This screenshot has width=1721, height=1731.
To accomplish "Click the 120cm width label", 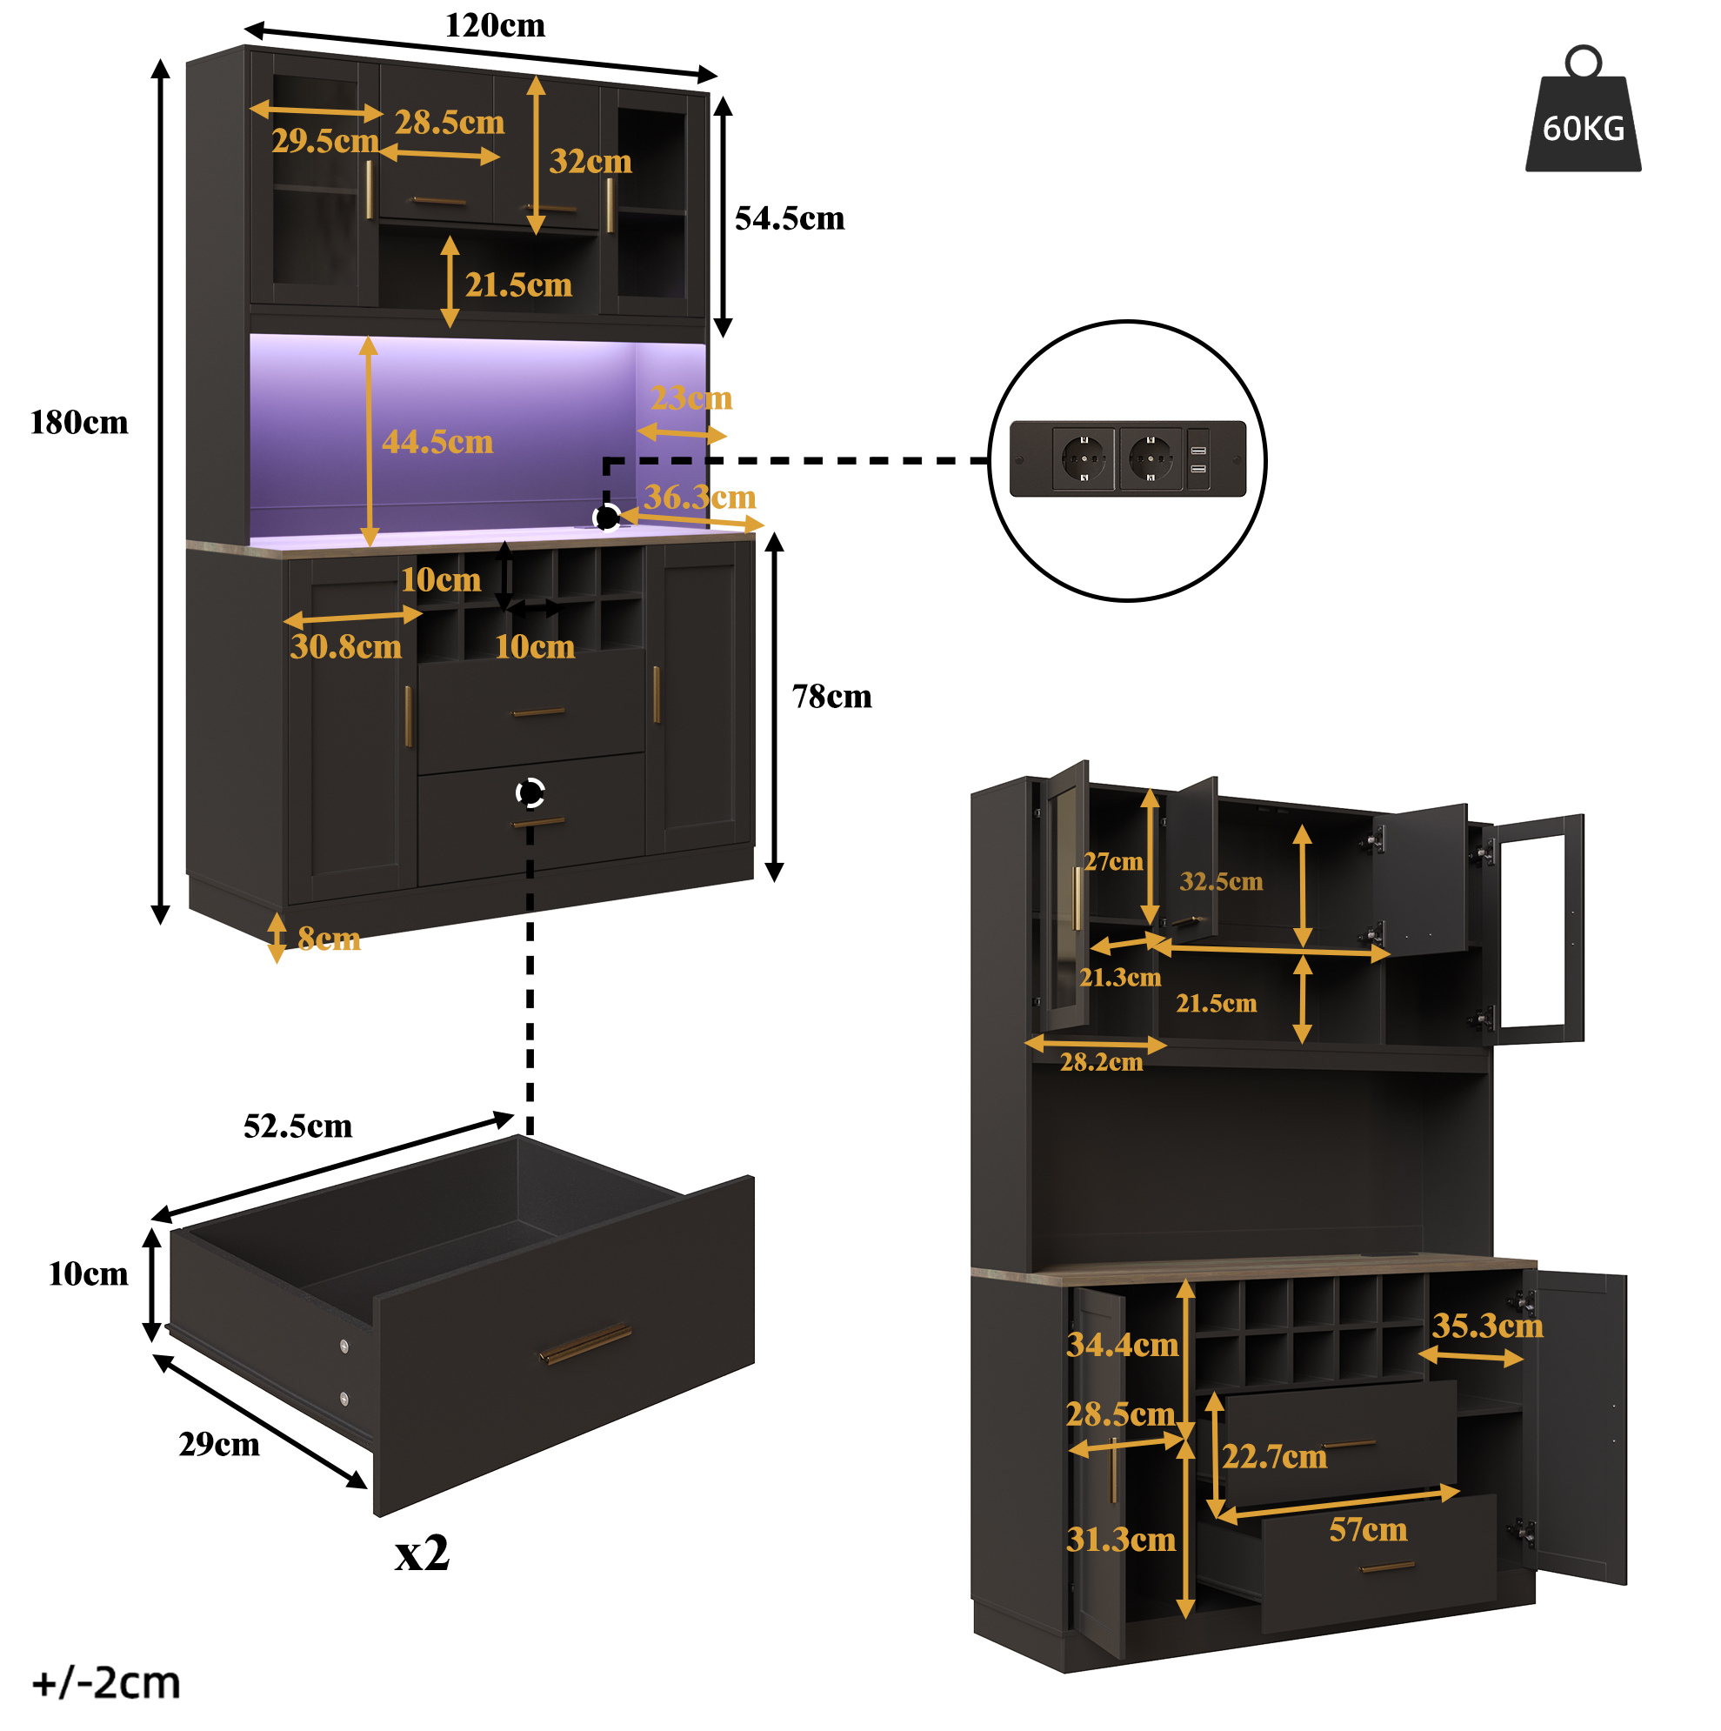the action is pyautogui.click(x=495, y=25).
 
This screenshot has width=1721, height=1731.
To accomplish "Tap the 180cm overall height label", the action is pyautogui.click(x=79, y=422).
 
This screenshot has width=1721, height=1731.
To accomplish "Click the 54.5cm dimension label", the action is pyautogui.click(x=790, y=217).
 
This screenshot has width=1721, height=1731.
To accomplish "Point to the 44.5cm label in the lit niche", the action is pyautogui.click(x=437, y=441).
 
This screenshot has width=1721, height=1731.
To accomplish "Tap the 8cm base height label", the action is pyautogui.click(x=329, y=938).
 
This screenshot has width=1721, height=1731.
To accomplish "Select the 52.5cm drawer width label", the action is pyautogui.click(x=297, y=1126).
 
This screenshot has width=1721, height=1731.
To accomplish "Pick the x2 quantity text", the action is pyautogui.click(x=422, y=1553).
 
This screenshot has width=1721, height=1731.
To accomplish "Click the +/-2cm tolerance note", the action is pyautogui.click(x=106, y=1682).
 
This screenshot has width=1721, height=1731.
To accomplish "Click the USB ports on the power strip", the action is pyautogui.click(x=1197, y=458).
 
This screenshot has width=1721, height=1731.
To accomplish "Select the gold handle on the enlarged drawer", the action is pyautogui.click(x=586, y=1344).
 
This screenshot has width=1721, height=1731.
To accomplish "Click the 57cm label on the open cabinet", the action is pyautogui.click(x=1367, y=1528).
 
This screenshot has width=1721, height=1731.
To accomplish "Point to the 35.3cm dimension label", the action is pyautogui.click(x=1487, y=1325).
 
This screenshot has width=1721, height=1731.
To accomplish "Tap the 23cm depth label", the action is pyautogui.click(x=690, y=397).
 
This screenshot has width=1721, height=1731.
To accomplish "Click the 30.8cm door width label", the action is pyautogui.click(x=346, y=646).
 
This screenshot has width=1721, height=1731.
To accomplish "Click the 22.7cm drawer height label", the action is pyautogui.click(x=1274, y=1456).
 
